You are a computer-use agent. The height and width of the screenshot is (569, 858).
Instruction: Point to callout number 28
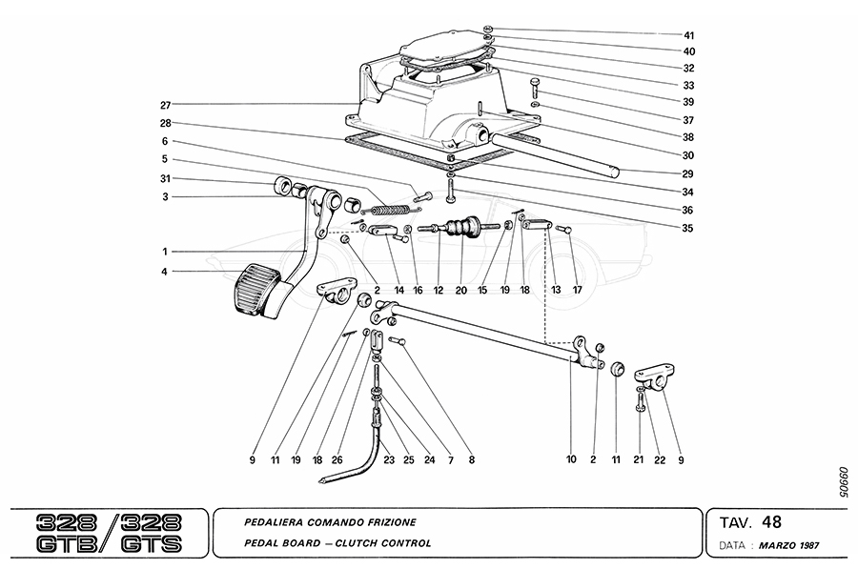pos(165,123)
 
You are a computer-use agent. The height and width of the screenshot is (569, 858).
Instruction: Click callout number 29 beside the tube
pos(688,174)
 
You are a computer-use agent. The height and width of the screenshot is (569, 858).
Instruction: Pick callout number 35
pos(688,228)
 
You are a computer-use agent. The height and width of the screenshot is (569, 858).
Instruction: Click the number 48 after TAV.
pos(772,521)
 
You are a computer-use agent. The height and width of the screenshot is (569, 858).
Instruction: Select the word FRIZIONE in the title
pos(391,522)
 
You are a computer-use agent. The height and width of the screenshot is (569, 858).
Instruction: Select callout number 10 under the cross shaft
pos(571,459)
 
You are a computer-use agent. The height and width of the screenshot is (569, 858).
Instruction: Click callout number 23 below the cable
pos(389,459)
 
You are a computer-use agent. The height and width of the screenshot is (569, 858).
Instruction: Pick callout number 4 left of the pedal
pos(165,273)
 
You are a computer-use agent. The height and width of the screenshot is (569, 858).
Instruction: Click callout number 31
pos(165,178)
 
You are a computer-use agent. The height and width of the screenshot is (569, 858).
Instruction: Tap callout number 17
pos(577,290)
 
